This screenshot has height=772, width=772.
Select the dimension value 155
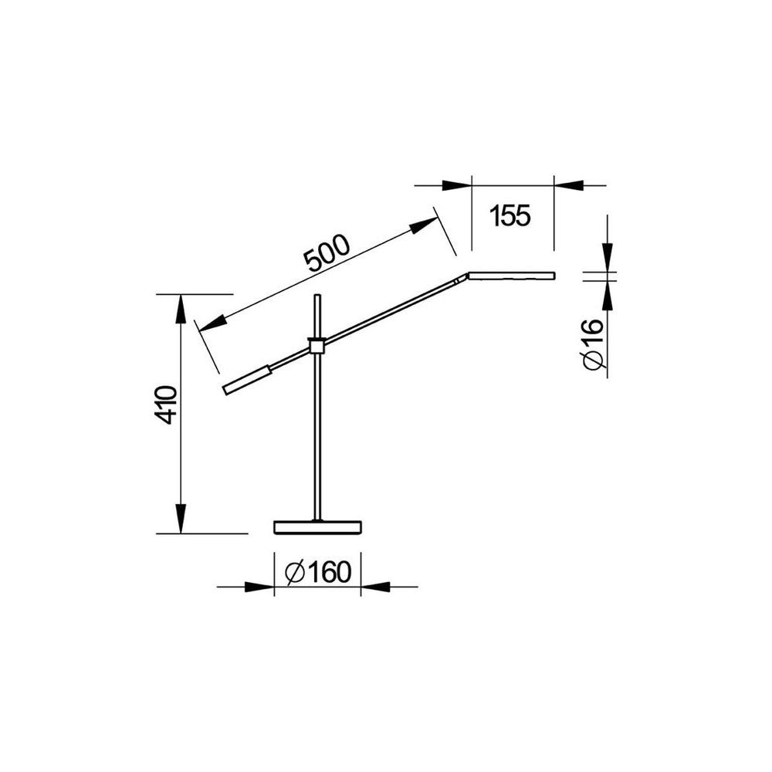[x=511, y=216]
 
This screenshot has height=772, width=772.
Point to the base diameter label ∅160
[x=318, y=572]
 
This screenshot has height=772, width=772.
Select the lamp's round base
[x=318, y=527]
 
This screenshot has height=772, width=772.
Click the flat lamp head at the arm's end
[x=512, y=275]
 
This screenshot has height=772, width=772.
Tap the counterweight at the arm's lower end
[x=247, y=380]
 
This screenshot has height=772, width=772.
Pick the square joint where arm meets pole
[x=316, y=345]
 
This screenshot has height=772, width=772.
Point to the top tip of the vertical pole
[x=317, y=296]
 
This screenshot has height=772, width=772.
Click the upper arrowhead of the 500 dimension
[x=424, y=225]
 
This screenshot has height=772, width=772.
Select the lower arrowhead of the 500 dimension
[x=211, y=323]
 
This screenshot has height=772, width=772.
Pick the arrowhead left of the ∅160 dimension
[x=259, y=587]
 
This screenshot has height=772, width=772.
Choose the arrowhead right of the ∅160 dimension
[x=375, y=587]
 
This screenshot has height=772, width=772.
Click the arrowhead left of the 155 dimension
[x=456, y=185]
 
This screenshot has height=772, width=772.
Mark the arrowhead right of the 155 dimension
[x=569, y=185]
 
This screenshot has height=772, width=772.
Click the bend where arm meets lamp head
[x=468, y=275]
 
